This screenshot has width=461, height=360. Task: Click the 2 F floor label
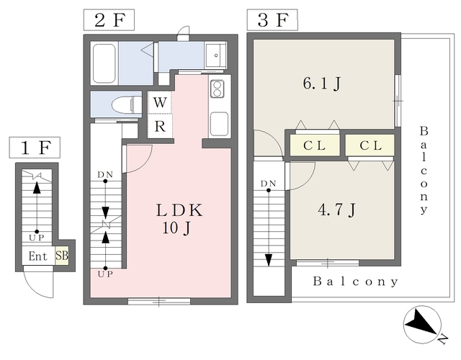tap(109, 20)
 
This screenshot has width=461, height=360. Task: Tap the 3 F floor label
tap(272, 20)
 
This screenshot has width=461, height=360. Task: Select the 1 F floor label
tap(35, 148)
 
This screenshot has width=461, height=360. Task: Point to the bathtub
tap(104, 63)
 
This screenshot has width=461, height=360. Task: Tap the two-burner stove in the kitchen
tap(218, 89)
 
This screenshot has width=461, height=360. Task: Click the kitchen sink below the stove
tap(219, 124)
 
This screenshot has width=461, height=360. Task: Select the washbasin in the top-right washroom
tap(215, 55)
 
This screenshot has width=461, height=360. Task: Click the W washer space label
tap(160, 102)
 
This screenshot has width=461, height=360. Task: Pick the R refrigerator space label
tap(160, 127)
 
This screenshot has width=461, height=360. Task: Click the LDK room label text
tap(179, 210)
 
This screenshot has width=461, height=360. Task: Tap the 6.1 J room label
tap(322, 84)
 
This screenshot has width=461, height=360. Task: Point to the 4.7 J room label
tap(337, 210)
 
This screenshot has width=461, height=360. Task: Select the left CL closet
tap(315, 145)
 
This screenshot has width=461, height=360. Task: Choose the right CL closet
tap(370, 145)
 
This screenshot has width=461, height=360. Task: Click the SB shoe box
tap(62, 256)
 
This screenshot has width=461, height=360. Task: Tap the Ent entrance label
tap(38, 256)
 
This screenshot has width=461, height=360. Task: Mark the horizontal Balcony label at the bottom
tap(355, 282)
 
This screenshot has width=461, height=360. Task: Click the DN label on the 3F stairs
tap(268, 184)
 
